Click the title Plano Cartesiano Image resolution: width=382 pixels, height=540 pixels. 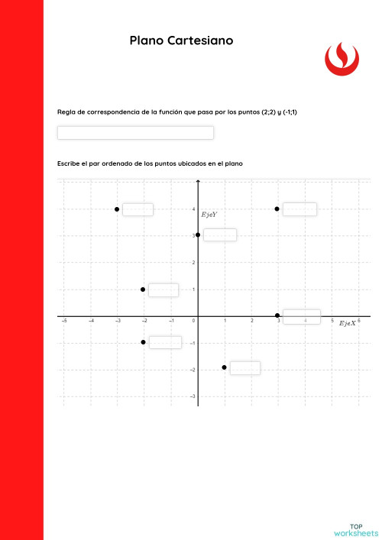181,40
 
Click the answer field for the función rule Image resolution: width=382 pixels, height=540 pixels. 135,133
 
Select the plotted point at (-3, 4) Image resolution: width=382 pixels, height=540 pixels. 117,209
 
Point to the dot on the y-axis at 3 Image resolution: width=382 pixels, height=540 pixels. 198,234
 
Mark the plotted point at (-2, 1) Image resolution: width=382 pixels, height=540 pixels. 143,289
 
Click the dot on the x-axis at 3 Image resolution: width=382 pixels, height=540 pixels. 277,315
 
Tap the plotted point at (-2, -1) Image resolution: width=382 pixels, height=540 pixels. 143,342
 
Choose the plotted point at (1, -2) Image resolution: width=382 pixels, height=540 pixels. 224,367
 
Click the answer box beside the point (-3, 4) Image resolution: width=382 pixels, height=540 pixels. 138,209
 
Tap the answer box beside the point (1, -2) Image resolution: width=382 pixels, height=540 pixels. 244,368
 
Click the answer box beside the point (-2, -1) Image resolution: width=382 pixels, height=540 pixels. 165,342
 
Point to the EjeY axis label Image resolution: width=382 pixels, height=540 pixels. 209,215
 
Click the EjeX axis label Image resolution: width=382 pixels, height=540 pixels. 348,324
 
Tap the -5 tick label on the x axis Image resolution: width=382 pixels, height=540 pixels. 63,322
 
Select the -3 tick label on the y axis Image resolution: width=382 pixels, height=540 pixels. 193,396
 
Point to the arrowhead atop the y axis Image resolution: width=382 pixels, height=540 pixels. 198,182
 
